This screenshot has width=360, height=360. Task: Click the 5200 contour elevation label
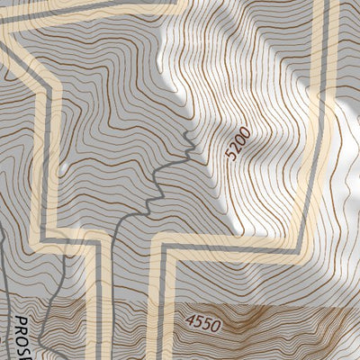238,144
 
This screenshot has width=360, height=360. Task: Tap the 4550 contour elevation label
207,320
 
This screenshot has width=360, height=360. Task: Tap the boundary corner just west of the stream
115,236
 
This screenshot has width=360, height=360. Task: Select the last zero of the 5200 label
245,132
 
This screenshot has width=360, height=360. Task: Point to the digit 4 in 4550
192,320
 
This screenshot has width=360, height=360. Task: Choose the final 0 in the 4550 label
221,320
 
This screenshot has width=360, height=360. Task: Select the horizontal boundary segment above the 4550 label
234,244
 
